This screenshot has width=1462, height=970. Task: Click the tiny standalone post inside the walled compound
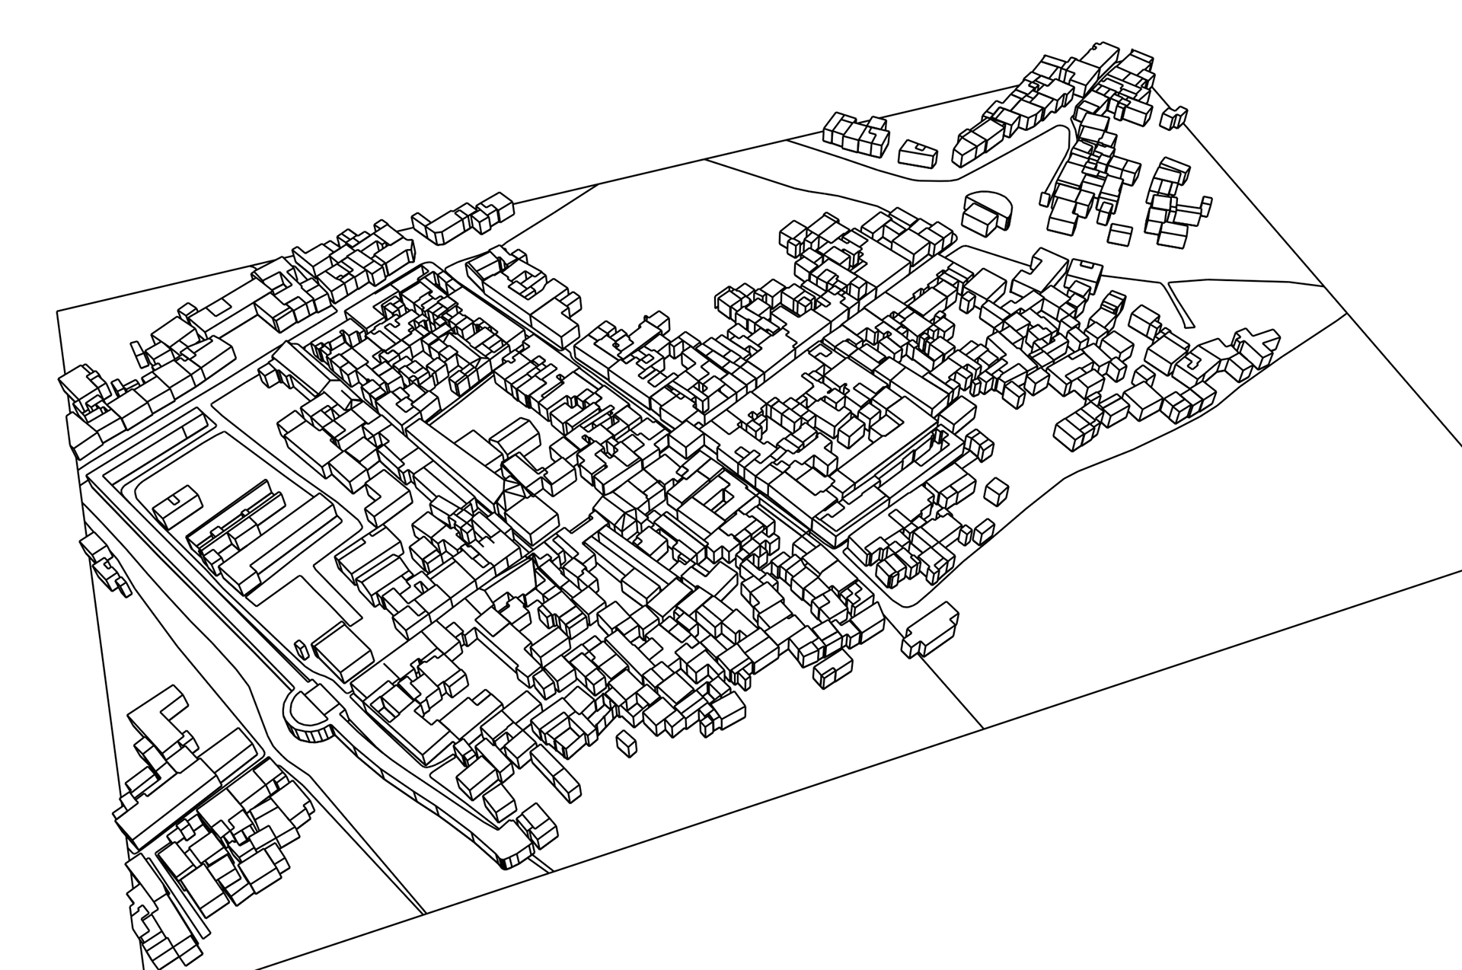[x=301, y=649]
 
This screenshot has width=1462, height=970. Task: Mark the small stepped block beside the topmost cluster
[x=1173, y=116]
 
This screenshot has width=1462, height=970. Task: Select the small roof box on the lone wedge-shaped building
[x=921, y=146]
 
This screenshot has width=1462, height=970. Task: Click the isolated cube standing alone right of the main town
[x=997, y=491]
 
